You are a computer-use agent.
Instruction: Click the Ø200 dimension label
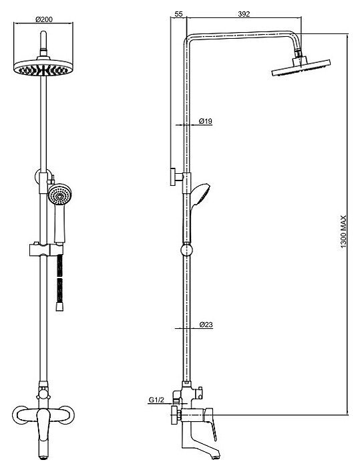44,19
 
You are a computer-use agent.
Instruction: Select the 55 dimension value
178,14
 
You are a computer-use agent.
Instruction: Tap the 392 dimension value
244,14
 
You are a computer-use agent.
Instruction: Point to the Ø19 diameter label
206,121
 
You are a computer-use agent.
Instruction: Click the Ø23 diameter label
206,324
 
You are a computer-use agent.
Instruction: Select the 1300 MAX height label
343,231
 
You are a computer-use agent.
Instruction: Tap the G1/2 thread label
157,400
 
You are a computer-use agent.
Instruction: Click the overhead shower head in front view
43,68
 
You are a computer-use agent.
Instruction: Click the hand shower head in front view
59,195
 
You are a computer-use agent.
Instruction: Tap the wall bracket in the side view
176,176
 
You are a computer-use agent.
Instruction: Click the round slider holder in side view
186,251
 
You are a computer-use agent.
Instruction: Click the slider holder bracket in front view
46,250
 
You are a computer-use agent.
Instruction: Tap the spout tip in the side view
214,465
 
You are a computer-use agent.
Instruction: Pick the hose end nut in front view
60,308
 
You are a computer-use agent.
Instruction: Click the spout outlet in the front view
43,466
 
